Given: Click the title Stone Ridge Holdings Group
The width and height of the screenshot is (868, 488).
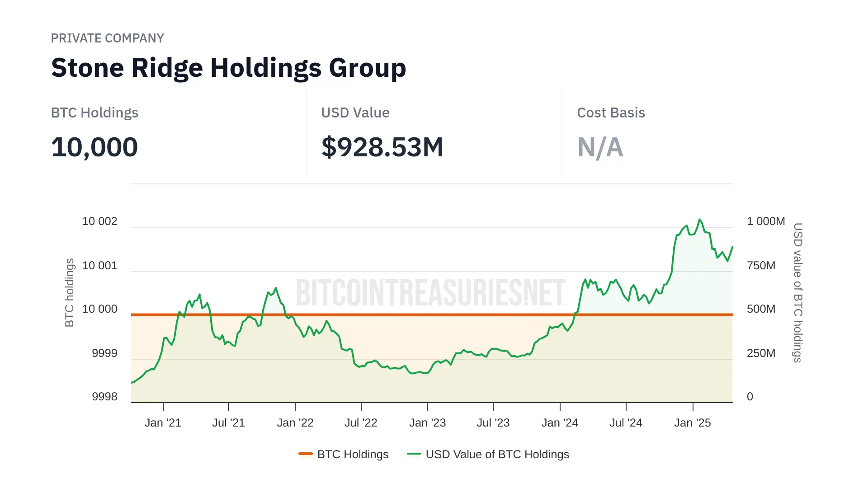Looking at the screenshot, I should pyautogui.click(x=228, y=68).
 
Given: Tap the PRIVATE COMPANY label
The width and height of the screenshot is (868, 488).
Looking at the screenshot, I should pyautogui.click(x=107, y=38).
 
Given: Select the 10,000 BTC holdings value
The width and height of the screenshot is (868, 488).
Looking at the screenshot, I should pyautogui.click(x=94, y=147).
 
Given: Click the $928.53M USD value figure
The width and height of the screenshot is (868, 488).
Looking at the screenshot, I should pyautogui.click(x=382, y=147).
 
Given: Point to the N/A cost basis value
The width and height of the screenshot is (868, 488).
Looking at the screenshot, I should pyautogui.click(x=600, y=147).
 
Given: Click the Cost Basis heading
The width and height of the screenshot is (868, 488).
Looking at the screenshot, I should pyautogui.click(x=611, y=113).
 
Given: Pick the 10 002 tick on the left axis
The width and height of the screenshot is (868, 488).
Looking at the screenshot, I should pyautogui.click(x=99, y=221).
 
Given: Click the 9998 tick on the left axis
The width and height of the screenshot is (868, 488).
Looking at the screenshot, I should pyautogui.click(x=104, y=397).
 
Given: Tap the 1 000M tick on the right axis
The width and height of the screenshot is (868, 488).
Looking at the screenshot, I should pyautogui.click(x=765, y=221).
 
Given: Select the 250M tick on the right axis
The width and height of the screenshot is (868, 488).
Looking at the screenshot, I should pyautogui.click(x=761, y=353).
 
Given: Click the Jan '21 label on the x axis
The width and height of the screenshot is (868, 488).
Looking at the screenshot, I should pyautogui.click(x=163, y=423).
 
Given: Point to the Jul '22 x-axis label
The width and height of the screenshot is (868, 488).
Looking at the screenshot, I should pyautogui.click(x=361, y=423).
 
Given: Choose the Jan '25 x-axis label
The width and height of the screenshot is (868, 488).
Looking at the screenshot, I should pyautogui.click(x=692, y=423).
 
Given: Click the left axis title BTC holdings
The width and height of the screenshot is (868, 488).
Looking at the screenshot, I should pyautogui.click(x=69, y=293).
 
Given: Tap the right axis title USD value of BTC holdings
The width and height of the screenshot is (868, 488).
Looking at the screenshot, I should pyautogui.click(x=798, y=293).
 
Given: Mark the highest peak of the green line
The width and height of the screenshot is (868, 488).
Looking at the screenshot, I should pyautogui.click(x=700, y=220).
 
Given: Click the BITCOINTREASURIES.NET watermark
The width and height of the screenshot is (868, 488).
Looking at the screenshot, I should pyautogui.click(x=431, y=293).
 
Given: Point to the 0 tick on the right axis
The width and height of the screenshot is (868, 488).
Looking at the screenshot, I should pyautogui.click(x=750, y=397).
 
